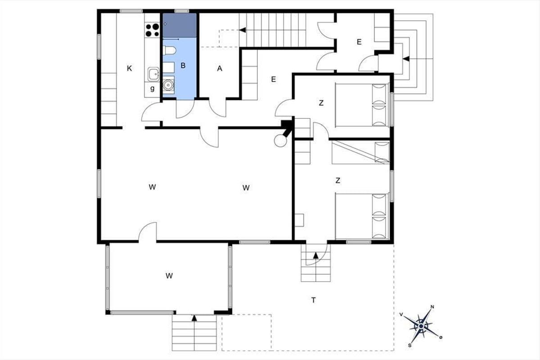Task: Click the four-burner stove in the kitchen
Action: (153, 30)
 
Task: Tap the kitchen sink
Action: (153, 74)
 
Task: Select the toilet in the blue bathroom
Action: (169, 51)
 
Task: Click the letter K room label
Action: (130, 68)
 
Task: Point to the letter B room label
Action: (183, 65)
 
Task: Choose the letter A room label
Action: (220, 69)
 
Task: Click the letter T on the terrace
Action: (313, 300)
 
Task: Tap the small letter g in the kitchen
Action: (153, 89)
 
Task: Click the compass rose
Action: (421, 326)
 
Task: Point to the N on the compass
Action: (432, 307)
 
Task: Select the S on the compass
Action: (409, 345)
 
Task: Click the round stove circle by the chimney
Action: (280, 140)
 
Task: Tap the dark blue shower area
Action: (180, 25)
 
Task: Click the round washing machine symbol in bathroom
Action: (168, 85)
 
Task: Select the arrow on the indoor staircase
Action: (243, 30)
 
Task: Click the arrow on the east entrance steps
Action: (406, 58)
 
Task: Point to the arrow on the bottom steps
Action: (194, 318)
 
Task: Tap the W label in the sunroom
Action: (169, 275)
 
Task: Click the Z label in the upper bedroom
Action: (321, 103)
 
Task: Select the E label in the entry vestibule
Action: (359, 42)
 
